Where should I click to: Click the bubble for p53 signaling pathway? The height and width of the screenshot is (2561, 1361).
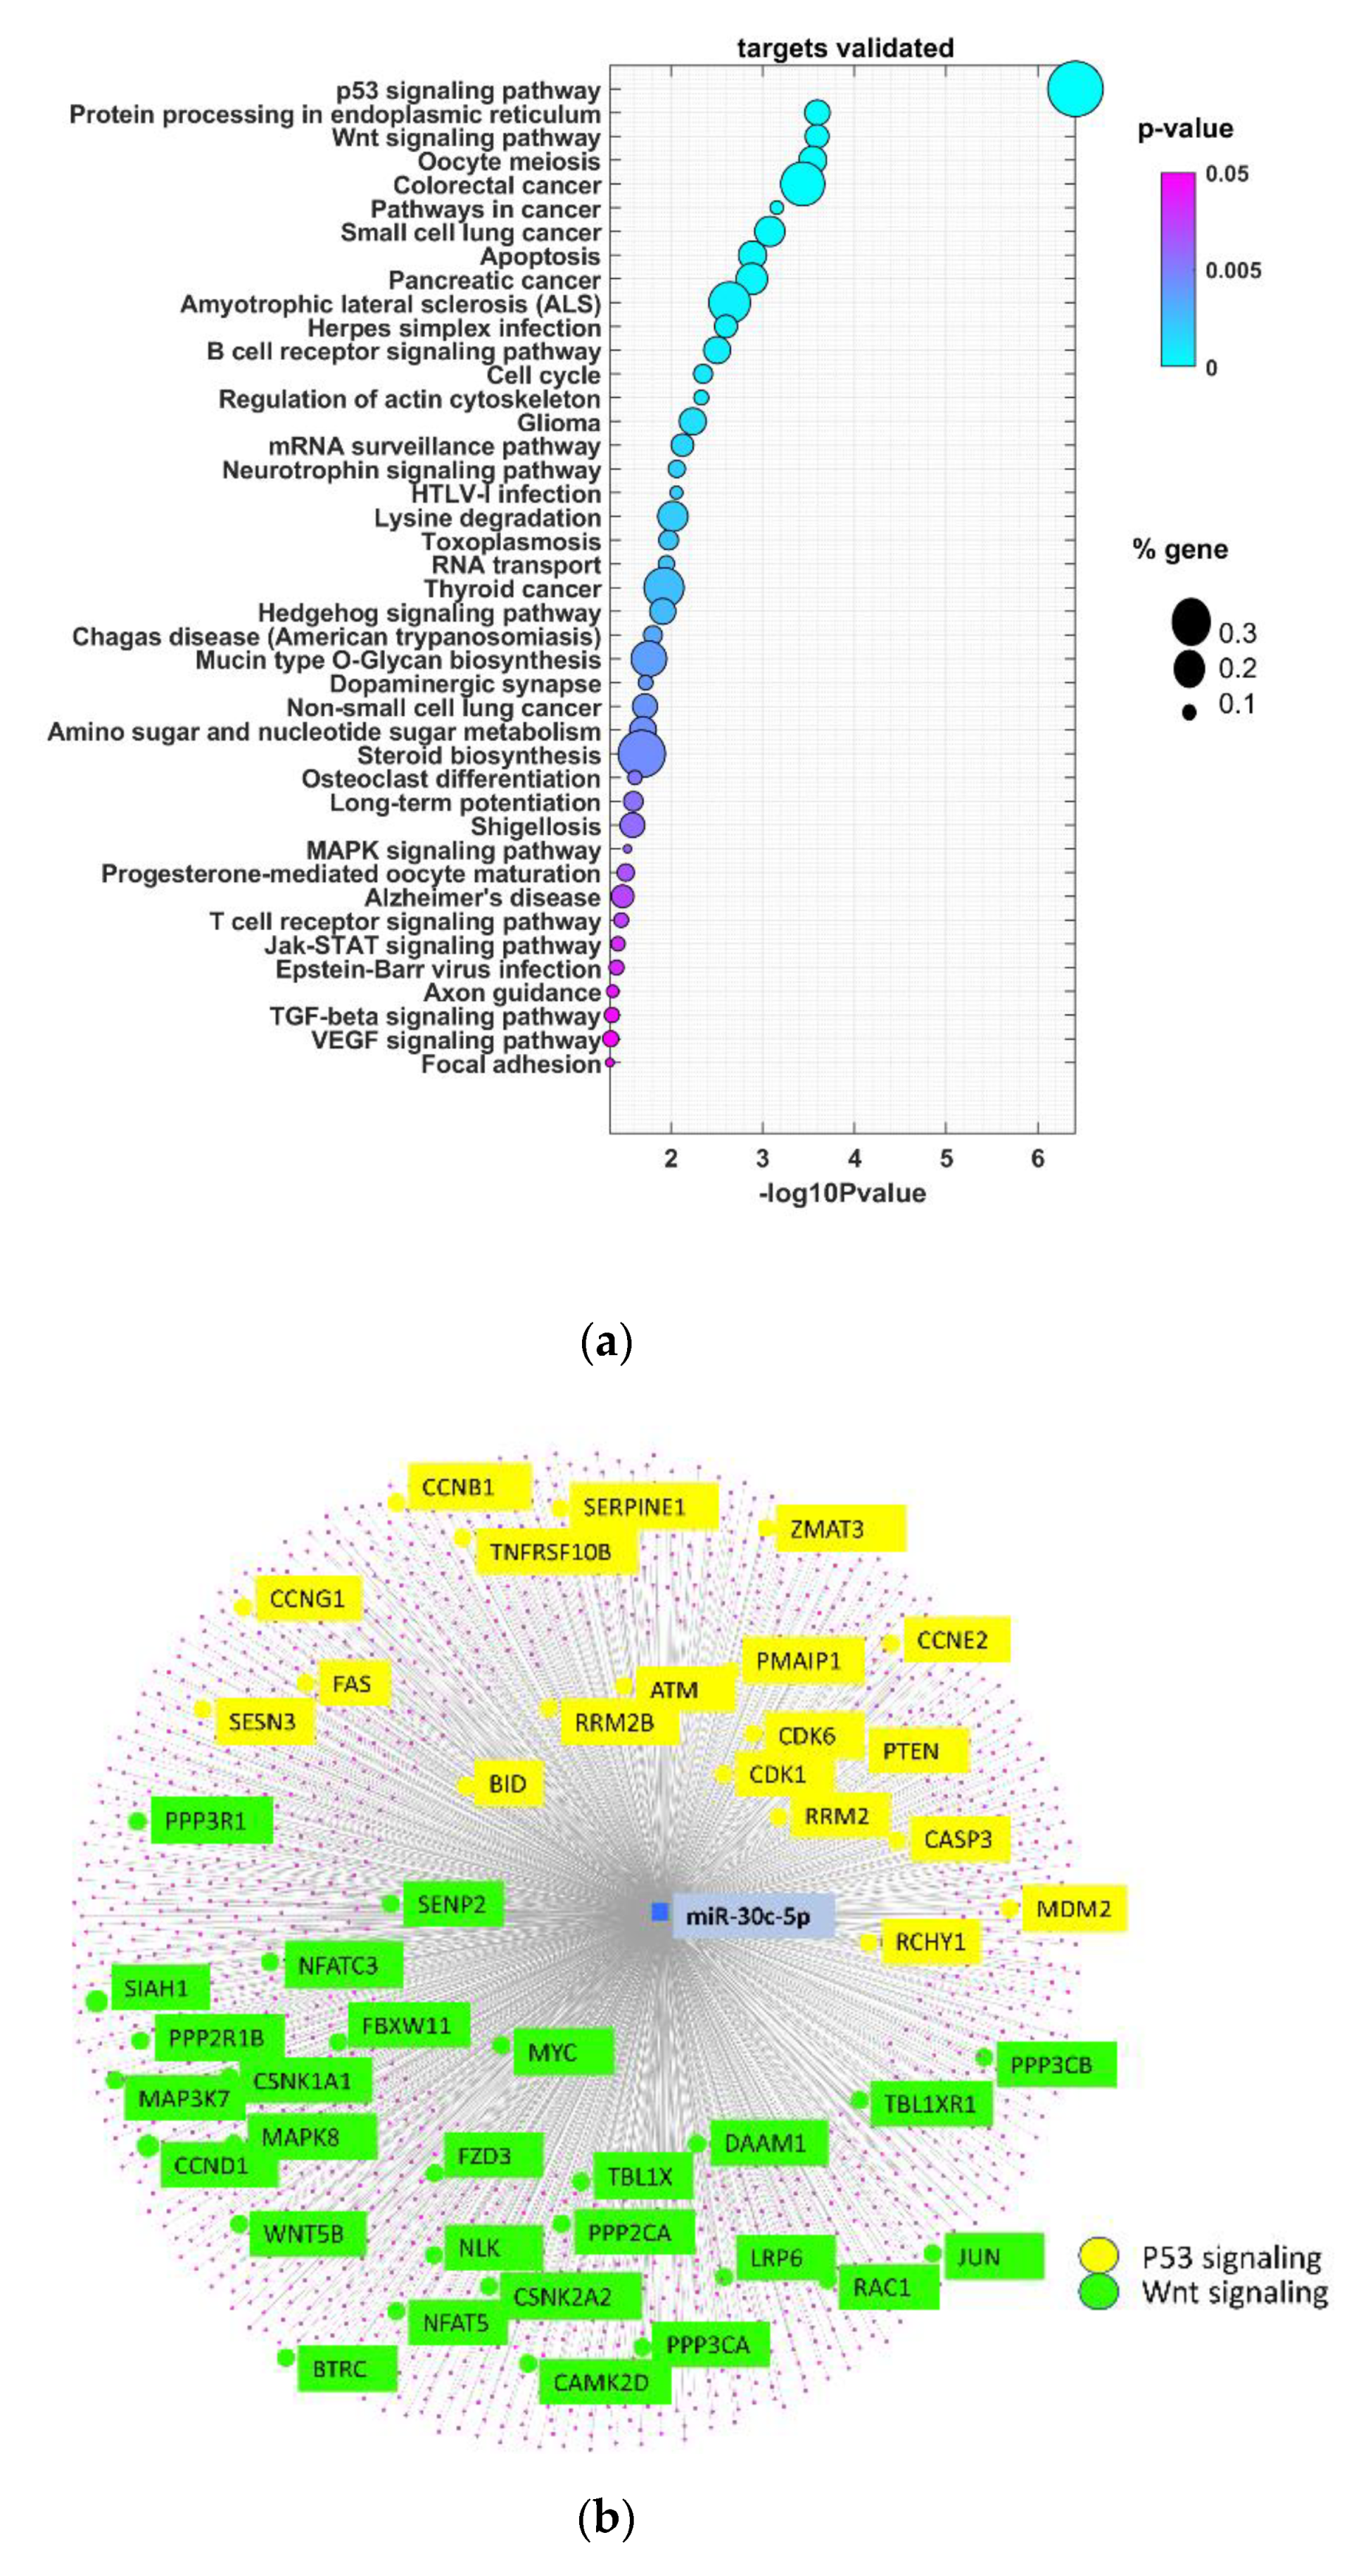click(x=1075, y=89)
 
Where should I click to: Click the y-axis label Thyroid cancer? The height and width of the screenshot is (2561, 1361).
click(x=512, y=589)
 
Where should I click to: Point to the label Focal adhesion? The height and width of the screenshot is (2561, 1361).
click(x=511, y=1065)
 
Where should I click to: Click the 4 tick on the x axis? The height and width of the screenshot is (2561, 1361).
click(x=854, y=1158)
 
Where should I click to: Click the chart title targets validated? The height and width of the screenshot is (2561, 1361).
click(x=845, y=48)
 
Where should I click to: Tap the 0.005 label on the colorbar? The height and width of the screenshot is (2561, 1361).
click(x=1233, y=270)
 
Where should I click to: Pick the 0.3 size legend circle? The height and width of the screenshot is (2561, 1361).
click(x=1190, y=622)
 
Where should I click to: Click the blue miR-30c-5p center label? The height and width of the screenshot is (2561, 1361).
click(x=752, y=1915)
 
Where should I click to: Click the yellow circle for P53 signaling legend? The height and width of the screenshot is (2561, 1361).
click(x=1099, y=2257)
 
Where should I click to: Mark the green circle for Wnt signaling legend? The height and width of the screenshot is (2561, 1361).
click(x=1099, y=2293)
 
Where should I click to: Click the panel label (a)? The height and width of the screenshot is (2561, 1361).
click(x=604, y=1343)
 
